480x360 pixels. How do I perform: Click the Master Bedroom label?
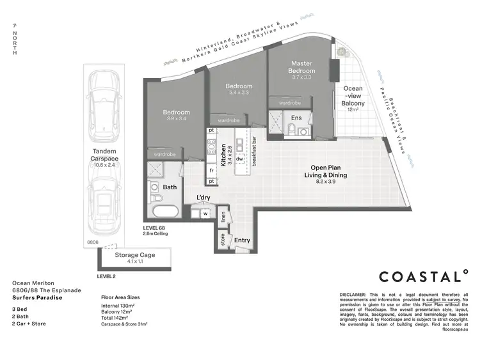pos(301,67)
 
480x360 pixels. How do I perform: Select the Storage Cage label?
pos(134,256)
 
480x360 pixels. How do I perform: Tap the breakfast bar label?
pos(254,152)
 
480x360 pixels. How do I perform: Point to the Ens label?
pos(296,118)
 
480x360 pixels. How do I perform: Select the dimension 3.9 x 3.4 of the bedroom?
pos(175,119)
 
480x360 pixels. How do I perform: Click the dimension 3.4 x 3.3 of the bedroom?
pos(239,93)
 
